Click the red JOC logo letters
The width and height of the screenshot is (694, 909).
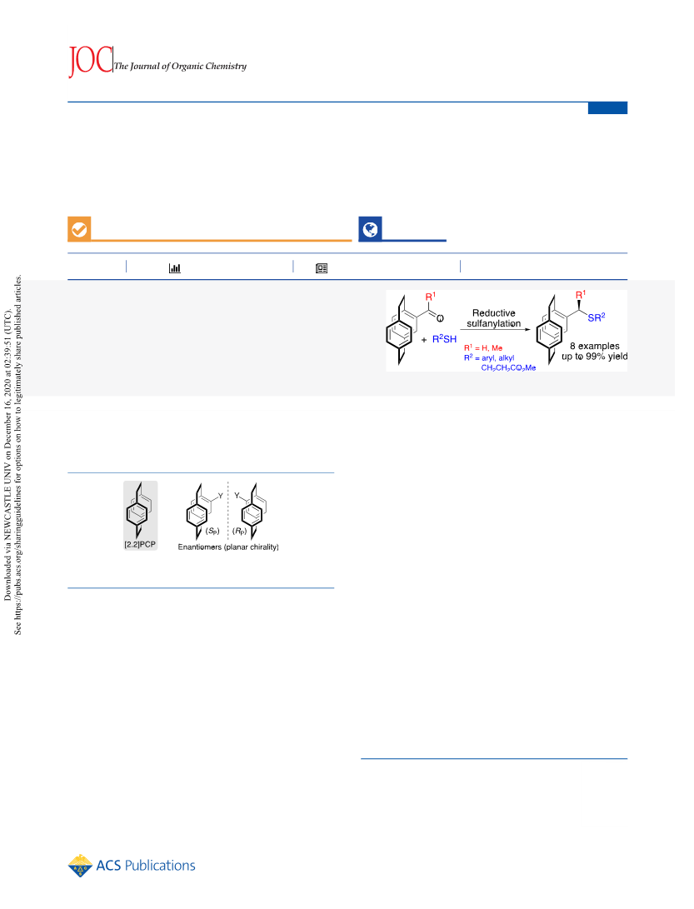90,60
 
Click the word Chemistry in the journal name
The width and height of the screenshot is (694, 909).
226,66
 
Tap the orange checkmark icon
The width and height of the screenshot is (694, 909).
79,229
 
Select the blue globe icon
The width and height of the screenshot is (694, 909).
370,229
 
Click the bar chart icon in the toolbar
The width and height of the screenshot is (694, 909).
174,267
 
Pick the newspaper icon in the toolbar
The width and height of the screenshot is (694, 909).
322,267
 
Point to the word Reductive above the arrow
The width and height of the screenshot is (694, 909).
493,313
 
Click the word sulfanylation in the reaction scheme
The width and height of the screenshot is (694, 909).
493,323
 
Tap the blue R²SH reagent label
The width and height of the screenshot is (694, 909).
444,338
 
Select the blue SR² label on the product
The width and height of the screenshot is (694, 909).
596,317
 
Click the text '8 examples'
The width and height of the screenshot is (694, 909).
594,346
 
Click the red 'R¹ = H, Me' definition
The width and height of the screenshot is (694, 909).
483,347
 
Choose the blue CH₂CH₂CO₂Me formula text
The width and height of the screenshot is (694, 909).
508,367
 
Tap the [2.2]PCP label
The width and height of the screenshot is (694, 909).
140,544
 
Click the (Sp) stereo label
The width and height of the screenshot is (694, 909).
212,531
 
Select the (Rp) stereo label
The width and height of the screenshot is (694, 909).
239,531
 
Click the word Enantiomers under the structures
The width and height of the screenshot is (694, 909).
199,547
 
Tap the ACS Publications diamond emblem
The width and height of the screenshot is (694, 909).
80,866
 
